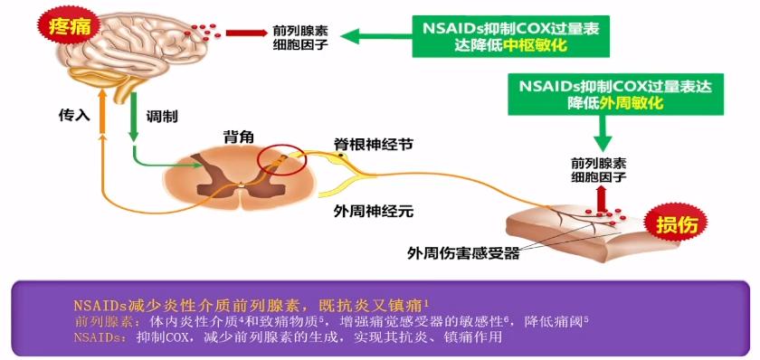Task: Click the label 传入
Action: point(74,117)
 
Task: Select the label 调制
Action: point(162,117)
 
